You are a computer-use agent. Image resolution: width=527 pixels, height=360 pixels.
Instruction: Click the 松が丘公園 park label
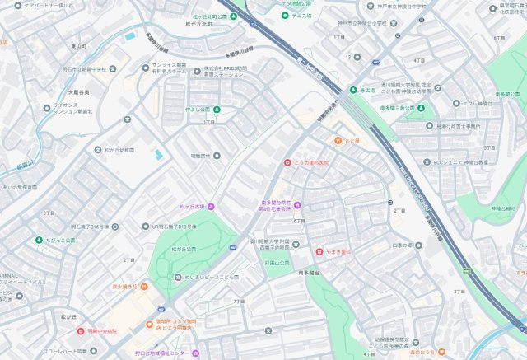click(184, 248)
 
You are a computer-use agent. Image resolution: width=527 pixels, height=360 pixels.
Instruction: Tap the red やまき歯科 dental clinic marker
click(319, 251)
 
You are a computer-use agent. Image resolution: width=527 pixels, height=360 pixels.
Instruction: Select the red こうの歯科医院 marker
click(287, 162)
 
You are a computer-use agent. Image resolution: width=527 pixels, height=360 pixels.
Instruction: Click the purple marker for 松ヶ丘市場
click(211, 206)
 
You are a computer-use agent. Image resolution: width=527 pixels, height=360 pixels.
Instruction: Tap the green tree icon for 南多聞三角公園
click(421, 108)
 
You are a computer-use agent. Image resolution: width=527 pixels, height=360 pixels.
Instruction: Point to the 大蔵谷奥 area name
click(79, 92)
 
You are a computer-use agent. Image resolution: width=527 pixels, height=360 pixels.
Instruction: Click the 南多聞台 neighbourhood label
click(309, 272)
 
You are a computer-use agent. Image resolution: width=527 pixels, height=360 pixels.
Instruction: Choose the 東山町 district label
click(79, 47)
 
